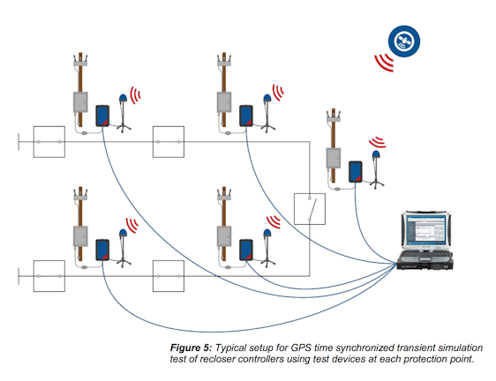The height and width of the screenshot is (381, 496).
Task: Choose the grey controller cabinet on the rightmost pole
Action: coord(334,157)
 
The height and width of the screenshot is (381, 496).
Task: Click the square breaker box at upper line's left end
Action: coord(49,141)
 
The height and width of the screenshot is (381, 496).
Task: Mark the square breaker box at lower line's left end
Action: coord(49,276)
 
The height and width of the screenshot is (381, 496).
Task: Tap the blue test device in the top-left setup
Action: coord(102,115)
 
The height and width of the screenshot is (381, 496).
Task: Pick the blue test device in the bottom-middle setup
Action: coord(247,247)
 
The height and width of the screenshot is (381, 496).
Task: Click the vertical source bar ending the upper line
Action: coord(19,141)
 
